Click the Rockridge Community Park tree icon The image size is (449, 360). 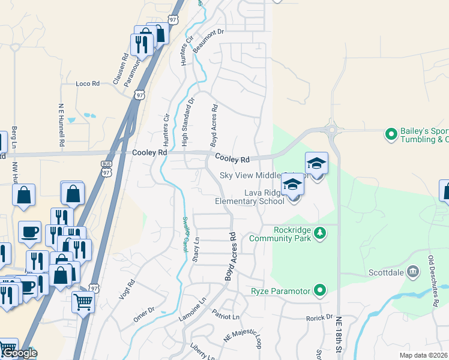(x=321, y=232)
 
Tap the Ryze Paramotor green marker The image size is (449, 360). (x=320, y=292)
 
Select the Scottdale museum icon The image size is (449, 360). (x=412, y=272)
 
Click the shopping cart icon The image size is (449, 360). (x=83, y=302)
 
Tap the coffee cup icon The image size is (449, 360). (x=29, y=231)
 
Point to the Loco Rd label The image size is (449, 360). (x=88, y=84)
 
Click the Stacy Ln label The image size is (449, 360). (x=195, y=249)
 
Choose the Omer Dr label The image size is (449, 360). (x=144, y=314)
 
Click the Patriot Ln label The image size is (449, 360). (x=226, y=315)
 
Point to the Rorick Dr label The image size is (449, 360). (x=318, y=317)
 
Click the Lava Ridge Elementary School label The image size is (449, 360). (x=264, y=197)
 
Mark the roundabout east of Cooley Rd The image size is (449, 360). (x=331, y=128)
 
